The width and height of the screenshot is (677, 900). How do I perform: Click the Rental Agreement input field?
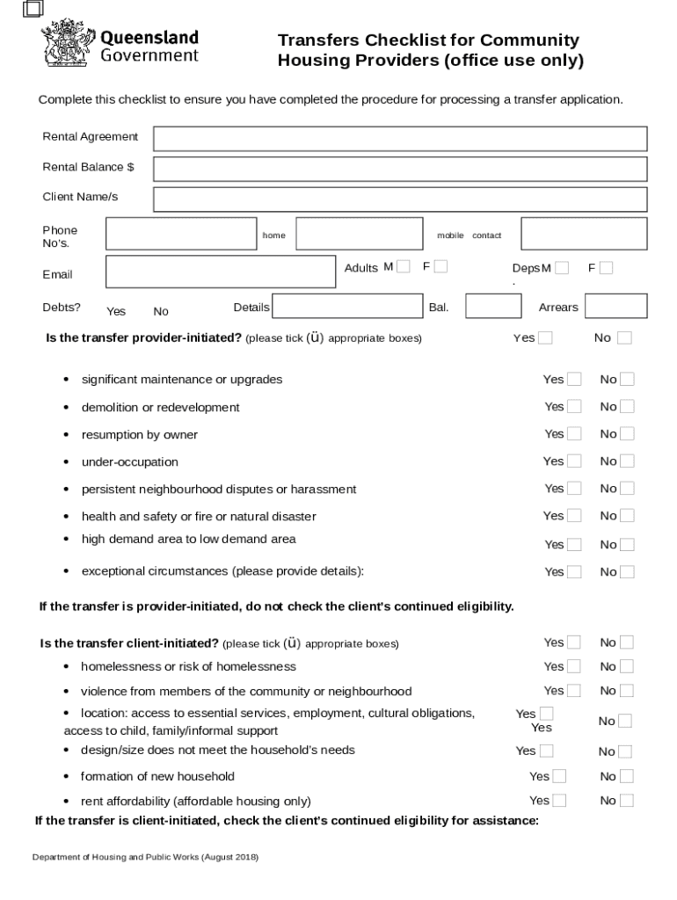[x=400, y=139]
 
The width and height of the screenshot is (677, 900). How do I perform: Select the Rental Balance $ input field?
[x=400, y=169]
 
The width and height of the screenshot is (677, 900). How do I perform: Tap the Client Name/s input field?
[x=400, y=200]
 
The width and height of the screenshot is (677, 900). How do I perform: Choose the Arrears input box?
[x=615, y=306]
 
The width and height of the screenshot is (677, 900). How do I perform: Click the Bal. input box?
[x=492, y=306]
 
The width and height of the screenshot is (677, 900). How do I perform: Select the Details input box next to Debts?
[x=347, y=306]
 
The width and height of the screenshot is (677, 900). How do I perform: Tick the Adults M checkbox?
[x=404, y=267]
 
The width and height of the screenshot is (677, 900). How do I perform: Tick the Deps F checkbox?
[x=606, y=268]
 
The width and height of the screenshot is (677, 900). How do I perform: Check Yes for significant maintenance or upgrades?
[x=574, y=380]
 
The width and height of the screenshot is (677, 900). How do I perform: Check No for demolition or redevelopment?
[x=627, y=407]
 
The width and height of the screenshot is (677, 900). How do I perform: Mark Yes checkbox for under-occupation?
[x=574, y=461]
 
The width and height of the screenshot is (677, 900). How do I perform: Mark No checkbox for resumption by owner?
[x=627, y=434]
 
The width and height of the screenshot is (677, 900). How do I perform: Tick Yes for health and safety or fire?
[x=574, y=516]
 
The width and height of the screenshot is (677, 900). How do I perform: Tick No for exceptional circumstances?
[x=627, y=572]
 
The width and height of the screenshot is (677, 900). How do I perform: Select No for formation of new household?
[x=626, y=777]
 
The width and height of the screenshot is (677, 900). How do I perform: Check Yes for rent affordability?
[x=559, y=801]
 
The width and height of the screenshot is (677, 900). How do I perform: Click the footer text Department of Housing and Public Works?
[x=145, y=857]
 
